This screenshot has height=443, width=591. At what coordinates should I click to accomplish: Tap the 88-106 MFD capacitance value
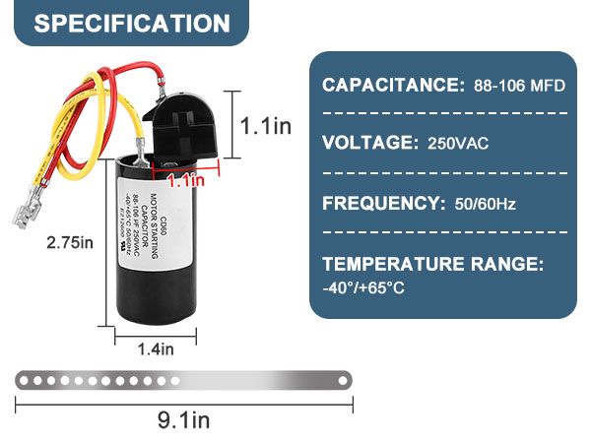pos(516,86)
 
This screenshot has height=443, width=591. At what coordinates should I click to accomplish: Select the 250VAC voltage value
pos(459,144)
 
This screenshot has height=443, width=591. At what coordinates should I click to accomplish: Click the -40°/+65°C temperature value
pos(362,287)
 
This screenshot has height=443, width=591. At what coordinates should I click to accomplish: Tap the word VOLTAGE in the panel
pos(370,143)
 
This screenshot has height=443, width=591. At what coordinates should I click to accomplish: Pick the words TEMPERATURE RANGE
pos(432,264)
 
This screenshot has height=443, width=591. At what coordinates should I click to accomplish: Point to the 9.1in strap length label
pos(184,420)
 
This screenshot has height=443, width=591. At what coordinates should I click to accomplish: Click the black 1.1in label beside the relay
pos(267,125)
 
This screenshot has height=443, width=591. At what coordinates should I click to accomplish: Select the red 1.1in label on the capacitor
pos(185,180)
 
